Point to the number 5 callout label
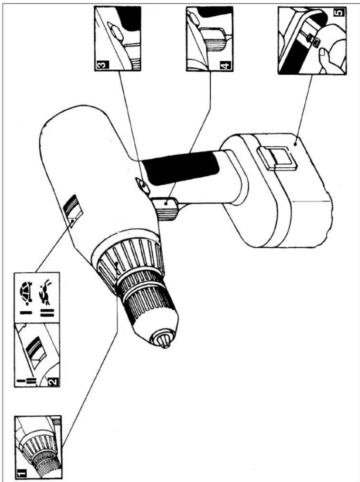click(339, 13)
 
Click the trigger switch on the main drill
click(167, 209)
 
